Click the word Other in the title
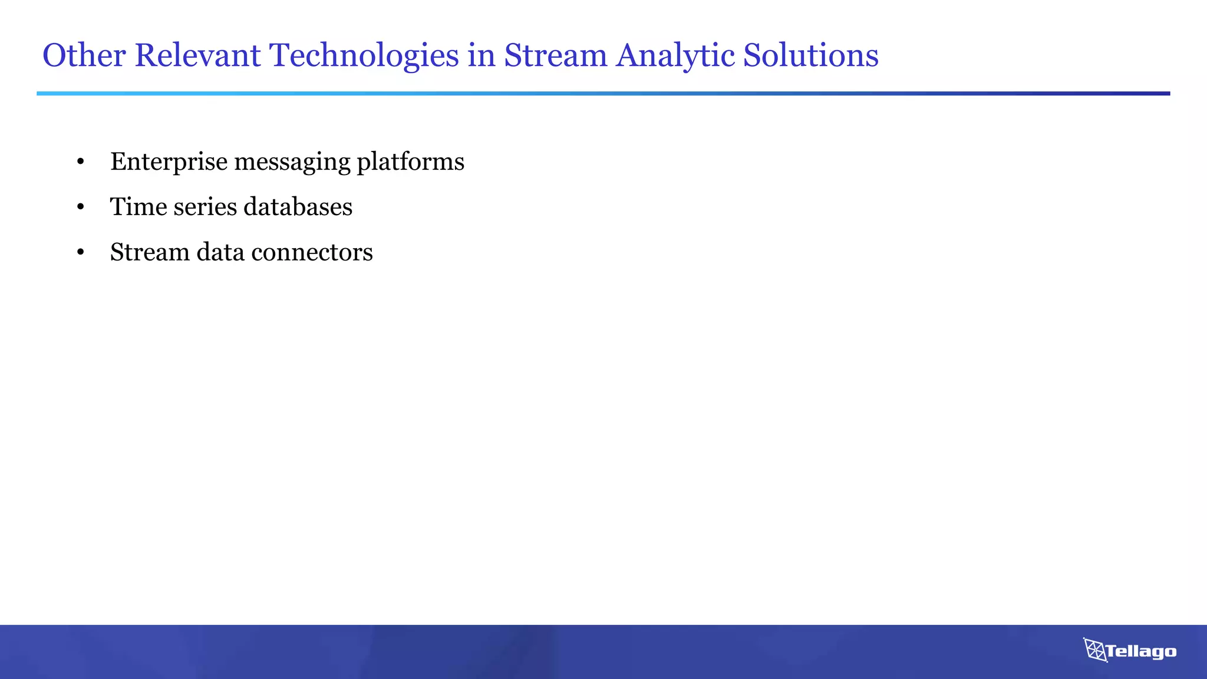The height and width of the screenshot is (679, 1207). (x=84, y=55)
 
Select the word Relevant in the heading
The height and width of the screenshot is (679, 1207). (x=197, y=55)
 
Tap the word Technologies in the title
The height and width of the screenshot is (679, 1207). (x=364, y=57)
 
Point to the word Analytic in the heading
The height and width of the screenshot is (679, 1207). (x=675, y=57)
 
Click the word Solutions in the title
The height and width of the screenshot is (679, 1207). (x=810, y=55)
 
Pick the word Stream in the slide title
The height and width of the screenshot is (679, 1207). (x=555, y=55)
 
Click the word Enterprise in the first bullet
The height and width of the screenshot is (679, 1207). (x=169, y=162)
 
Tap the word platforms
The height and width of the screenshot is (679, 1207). (x=410, y=162)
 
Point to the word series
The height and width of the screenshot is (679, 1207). (x=205, y=207)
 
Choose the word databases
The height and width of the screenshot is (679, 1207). (x=298, y=207)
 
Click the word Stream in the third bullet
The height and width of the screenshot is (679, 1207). (x=149, y=252)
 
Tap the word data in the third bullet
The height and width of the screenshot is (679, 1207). (x=220, y=252)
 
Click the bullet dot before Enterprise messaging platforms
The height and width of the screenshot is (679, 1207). (x=81, y=162)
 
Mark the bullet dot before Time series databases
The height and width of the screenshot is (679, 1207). (x=81, y=207)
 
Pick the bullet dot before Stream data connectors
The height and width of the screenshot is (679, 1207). (x=81, y=253)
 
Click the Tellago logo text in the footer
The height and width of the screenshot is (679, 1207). (x=1140, y=651)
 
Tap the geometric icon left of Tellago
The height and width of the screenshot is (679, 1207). (x=1095, y=650)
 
